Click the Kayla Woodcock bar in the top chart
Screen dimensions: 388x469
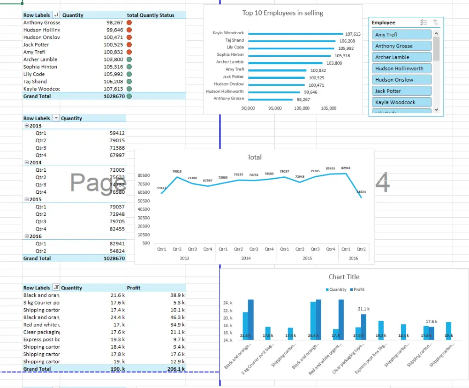click(x=295, y=33)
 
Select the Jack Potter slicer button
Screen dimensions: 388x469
click(x=401, y=91)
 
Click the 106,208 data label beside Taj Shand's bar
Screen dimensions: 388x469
click(x=347, y=41)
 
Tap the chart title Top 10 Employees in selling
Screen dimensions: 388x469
click(x=282, y=13)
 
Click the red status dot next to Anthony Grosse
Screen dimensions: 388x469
click(x=129, y=23)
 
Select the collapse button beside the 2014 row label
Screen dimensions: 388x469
click(x=26, y=162)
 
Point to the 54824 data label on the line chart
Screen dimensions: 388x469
click(x=361, y=191)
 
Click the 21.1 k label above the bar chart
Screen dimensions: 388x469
click(x=363, y=309)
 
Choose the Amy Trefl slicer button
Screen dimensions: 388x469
click(x=401, y=35)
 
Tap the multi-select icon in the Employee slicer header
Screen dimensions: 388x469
click(x=424, y=23)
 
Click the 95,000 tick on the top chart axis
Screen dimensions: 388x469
click(x=275, y=108)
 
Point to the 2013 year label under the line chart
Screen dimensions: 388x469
click(x=184, y=258)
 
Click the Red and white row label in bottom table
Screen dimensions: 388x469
click(x=41, y=325)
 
